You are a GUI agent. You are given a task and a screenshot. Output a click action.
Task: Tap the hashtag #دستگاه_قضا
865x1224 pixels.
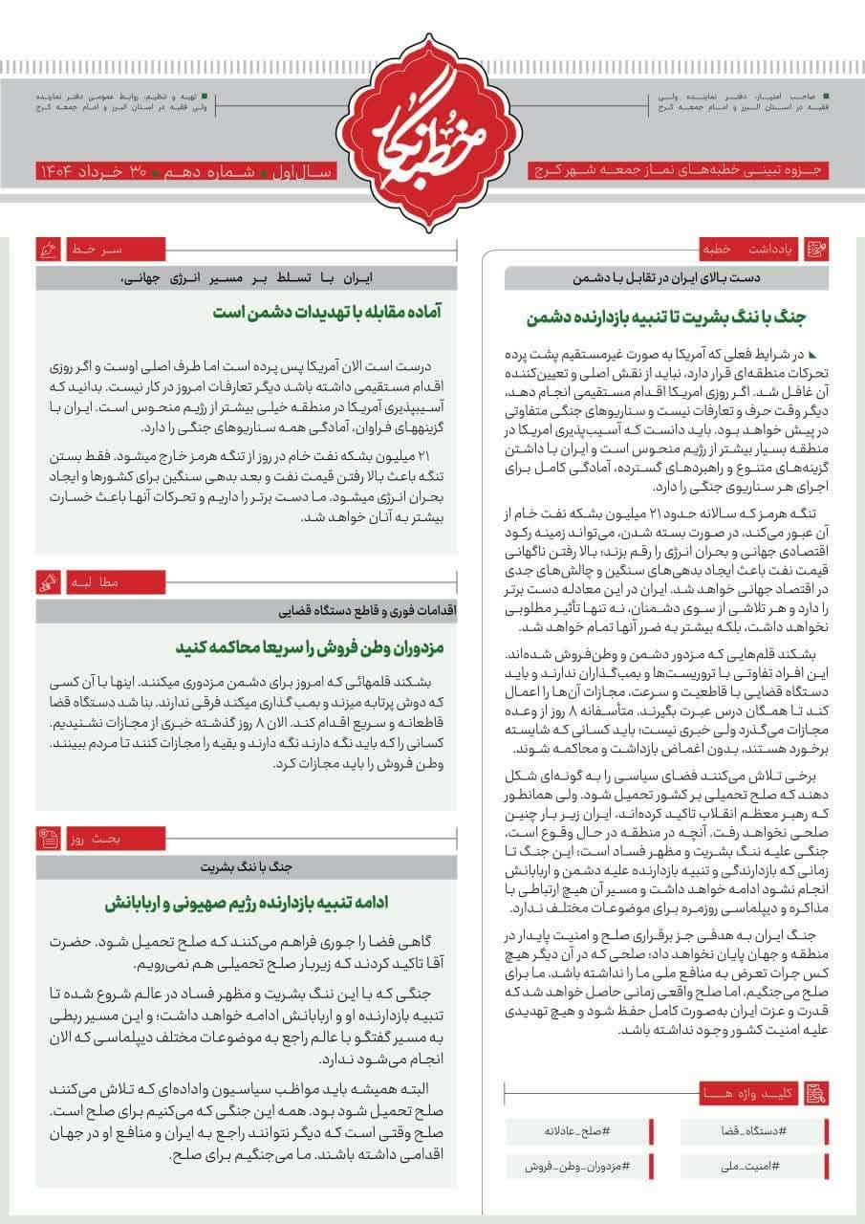point(754,1131)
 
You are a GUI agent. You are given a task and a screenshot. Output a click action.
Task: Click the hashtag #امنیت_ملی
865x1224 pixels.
point(754,1167)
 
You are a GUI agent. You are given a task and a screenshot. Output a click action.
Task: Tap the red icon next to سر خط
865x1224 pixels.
point(47,250)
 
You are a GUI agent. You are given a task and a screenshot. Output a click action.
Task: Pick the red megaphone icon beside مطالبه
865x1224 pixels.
point(47,580)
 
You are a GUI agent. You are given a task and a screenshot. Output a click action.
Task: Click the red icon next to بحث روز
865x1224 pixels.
point(47,839)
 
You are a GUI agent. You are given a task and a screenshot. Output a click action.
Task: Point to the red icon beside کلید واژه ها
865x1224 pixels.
point(816,1092)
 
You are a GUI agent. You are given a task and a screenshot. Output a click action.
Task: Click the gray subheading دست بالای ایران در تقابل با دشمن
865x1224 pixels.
point(665,279)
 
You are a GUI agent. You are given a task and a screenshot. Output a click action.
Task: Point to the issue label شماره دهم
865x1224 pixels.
point(222,172)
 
